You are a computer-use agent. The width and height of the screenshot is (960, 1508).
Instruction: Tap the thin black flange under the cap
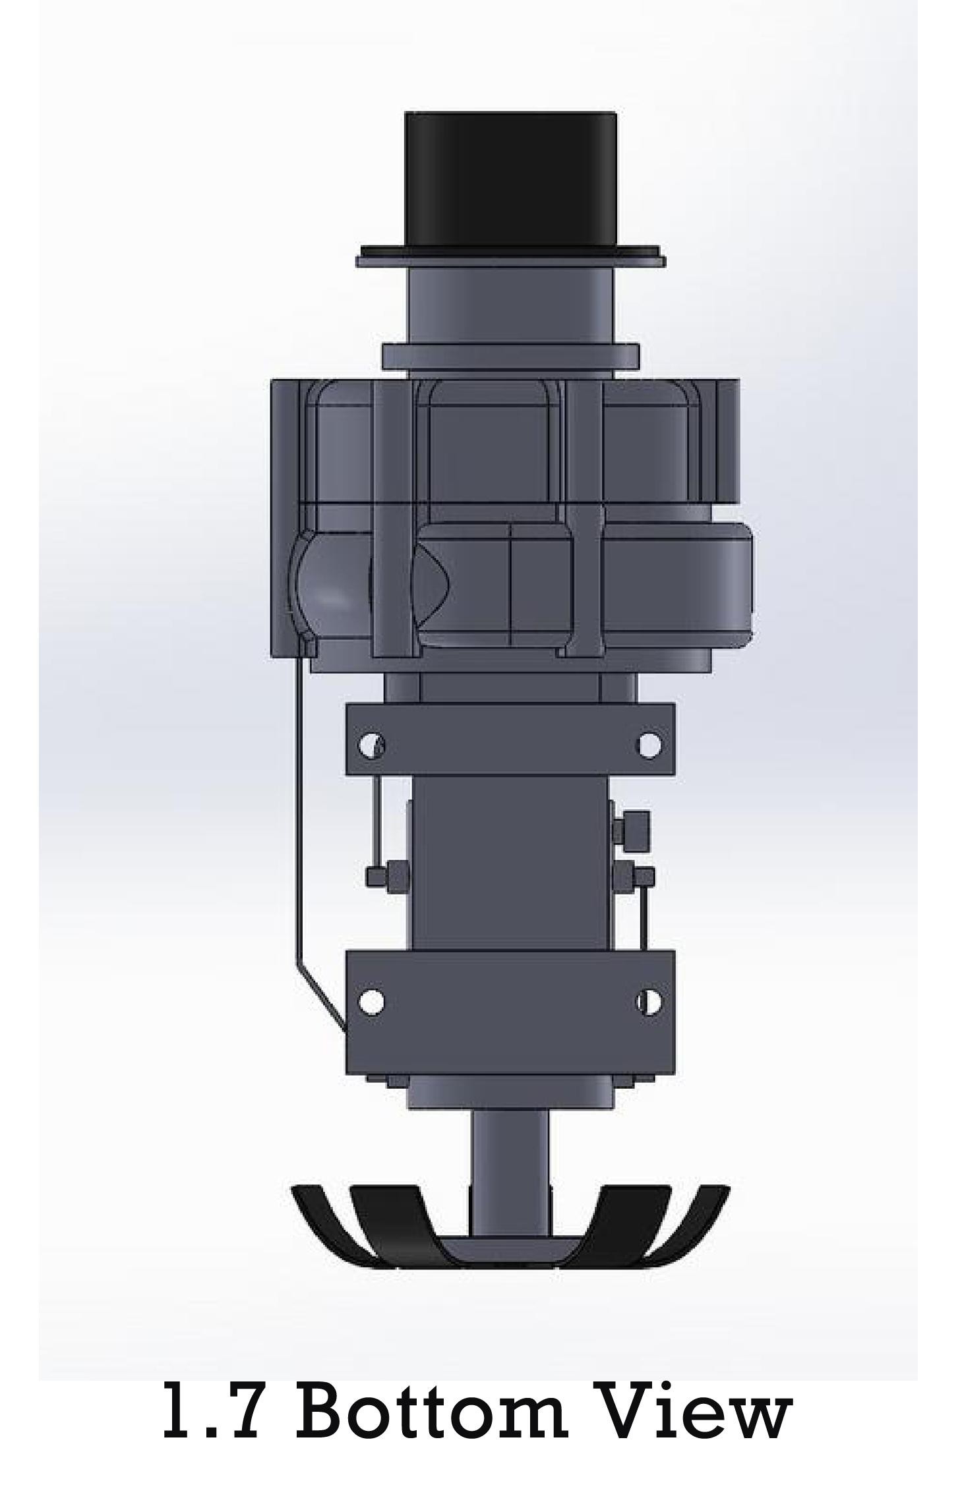tap(511, 257)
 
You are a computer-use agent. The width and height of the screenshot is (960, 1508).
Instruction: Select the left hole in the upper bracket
tap(371, 745)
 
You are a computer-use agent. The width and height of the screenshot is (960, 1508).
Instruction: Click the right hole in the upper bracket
tap(649, 745)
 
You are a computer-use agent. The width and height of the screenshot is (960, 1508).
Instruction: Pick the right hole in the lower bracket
tap(649, 1002)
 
